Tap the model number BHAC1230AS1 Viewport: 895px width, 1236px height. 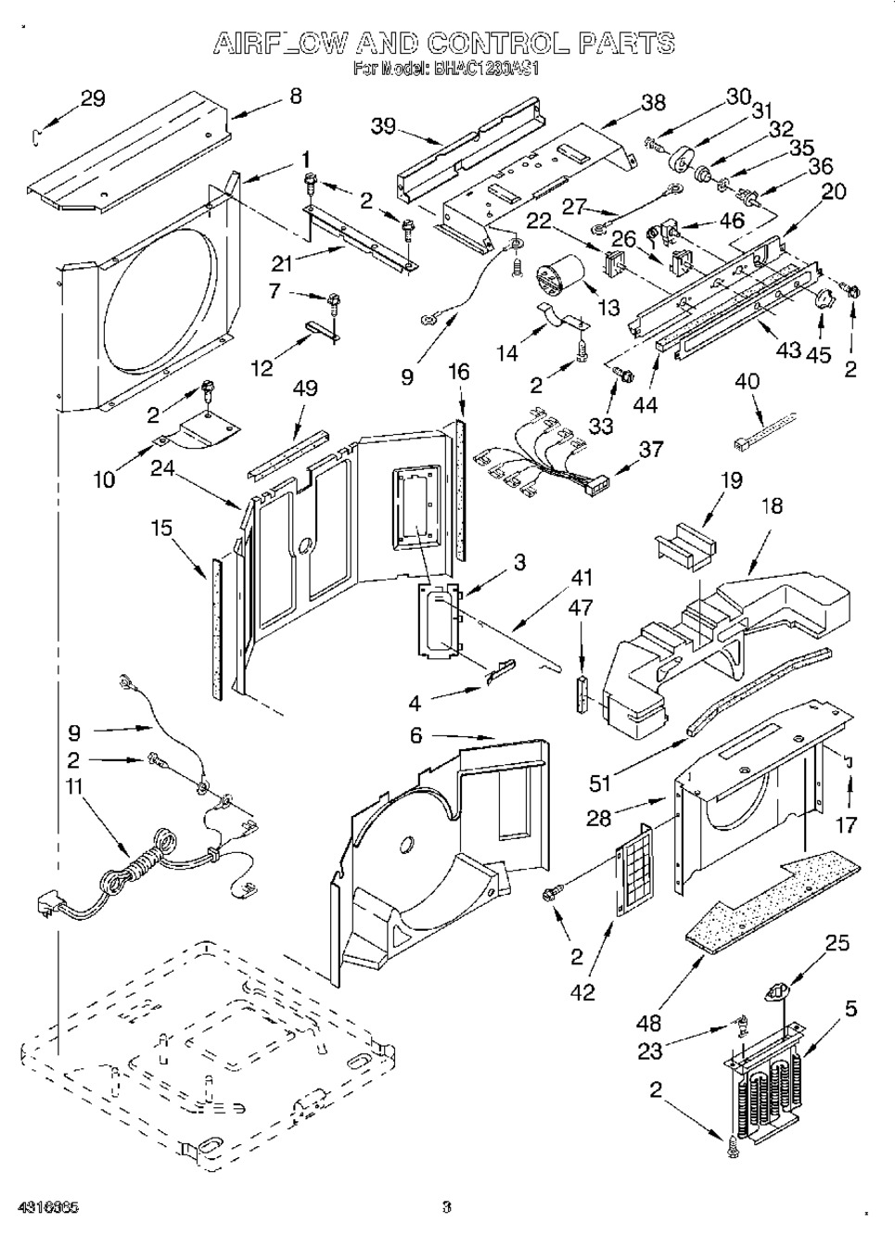tap(485, 68)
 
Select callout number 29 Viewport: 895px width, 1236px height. tap(93, 99)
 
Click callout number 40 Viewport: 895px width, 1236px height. tap(747, 381)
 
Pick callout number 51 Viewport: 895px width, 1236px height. tap(600, 783)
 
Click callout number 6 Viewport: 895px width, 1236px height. tap(416, 735)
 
